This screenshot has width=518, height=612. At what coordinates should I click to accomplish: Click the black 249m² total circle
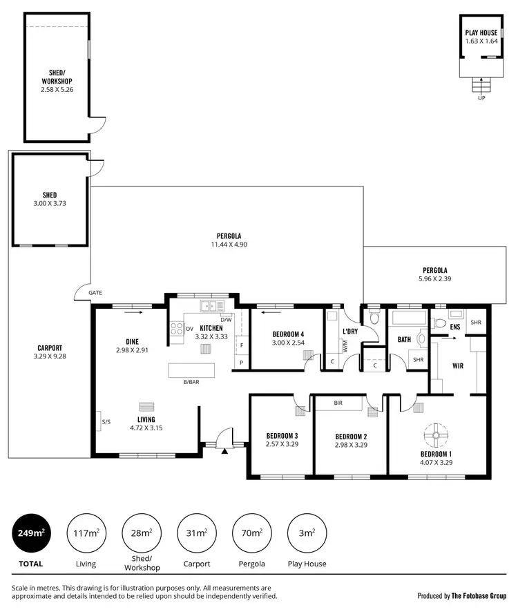[x=31, y=533]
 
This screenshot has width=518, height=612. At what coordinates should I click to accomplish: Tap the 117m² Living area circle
[x=86, y=533]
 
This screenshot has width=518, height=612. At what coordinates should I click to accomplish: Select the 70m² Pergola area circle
[x=251, y=533]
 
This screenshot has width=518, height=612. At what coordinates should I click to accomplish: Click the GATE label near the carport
[x=95, y=293]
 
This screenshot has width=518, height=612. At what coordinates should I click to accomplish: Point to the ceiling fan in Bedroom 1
[x=436, y=434]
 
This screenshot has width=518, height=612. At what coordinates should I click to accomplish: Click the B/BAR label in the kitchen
[x=191, y=381]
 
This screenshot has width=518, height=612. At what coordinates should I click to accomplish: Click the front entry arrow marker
[x=225, y=452]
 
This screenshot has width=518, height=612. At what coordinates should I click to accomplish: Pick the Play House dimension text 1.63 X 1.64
[x=481, y=41]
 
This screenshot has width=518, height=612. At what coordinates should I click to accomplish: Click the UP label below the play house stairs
[x=481, y=98]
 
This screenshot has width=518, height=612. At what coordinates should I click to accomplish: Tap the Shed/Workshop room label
[x=57, y=77]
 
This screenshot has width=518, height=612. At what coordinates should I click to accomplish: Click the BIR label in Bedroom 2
[x=338, y=402]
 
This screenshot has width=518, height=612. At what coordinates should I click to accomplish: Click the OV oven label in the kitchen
[x=189, y=329]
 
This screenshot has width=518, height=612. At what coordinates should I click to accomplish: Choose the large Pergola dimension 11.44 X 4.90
[x=229, y=245]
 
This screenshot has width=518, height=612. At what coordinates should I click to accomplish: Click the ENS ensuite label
[x=454, y=326]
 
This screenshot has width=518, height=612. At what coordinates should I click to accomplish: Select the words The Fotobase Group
[x=479, y=595]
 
